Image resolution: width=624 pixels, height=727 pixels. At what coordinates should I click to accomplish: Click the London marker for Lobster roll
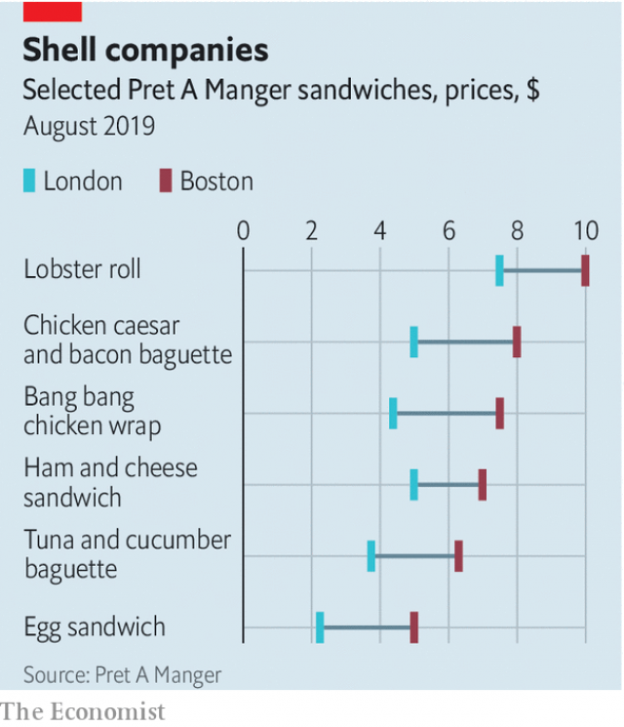click(499, 270)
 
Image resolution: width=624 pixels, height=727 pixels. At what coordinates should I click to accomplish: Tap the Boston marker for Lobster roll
click(585, 270)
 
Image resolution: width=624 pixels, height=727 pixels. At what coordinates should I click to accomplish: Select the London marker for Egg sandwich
click(320, 627)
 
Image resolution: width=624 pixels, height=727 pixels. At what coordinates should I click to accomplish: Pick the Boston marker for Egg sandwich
click(414, 627)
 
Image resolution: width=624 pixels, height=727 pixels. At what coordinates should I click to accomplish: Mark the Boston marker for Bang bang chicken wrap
click(499, 414)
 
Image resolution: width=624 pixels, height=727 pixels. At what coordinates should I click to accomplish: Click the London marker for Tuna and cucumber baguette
click(371, 556)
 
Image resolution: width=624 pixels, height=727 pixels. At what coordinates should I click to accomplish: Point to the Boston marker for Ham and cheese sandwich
click(483, 485)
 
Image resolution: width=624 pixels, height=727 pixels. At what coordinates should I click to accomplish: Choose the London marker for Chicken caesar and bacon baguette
click(414, 343)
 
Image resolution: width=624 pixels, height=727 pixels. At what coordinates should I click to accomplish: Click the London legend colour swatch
click(29, 182)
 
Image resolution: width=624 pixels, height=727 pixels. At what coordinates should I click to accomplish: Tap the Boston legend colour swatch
click(166, 182)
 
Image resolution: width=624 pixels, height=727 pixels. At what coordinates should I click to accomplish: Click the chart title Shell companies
click(145, 51)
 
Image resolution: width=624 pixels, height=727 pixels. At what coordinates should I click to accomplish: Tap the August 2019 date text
click(89, 127)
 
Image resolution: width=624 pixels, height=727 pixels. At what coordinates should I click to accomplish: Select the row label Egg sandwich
click(95, 627)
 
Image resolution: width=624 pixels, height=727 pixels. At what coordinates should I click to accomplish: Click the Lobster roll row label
click(82, 269)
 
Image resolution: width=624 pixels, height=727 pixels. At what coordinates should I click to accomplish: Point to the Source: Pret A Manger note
click(122, 674)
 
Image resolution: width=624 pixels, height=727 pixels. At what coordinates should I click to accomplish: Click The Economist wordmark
click(83, 711)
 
